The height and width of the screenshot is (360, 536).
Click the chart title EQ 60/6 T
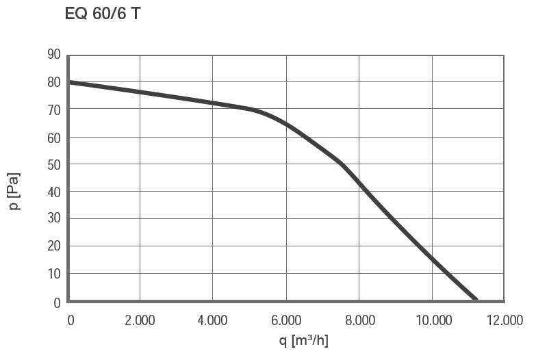[103, 14]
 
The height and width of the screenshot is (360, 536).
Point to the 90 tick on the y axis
[54, 55]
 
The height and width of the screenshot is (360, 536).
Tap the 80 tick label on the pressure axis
[54, 82]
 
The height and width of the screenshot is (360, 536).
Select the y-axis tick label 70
[54, 110]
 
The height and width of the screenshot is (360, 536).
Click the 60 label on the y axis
[54, 138]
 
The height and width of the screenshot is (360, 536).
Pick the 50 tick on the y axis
[54, 165]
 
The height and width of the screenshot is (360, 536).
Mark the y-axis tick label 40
[54, 192]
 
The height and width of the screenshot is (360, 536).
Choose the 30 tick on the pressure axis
[54, 219]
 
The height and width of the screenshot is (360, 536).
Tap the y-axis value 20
[54, 246]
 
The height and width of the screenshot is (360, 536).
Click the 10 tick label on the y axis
[54, 274]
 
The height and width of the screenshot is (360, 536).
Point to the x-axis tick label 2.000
[140, 320]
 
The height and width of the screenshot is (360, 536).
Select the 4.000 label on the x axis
[212, 320]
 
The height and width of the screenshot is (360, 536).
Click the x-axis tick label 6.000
[286, 320]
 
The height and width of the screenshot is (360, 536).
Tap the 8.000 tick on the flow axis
[359, 320]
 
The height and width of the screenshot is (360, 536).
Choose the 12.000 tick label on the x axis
[505, 320]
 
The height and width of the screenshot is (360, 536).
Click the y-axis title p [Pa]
[15, 192]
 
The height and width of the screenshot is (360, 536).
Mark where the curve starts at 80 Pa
[69, 82]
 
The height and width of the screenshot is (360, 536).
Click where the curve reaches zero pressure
[476, 300]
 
